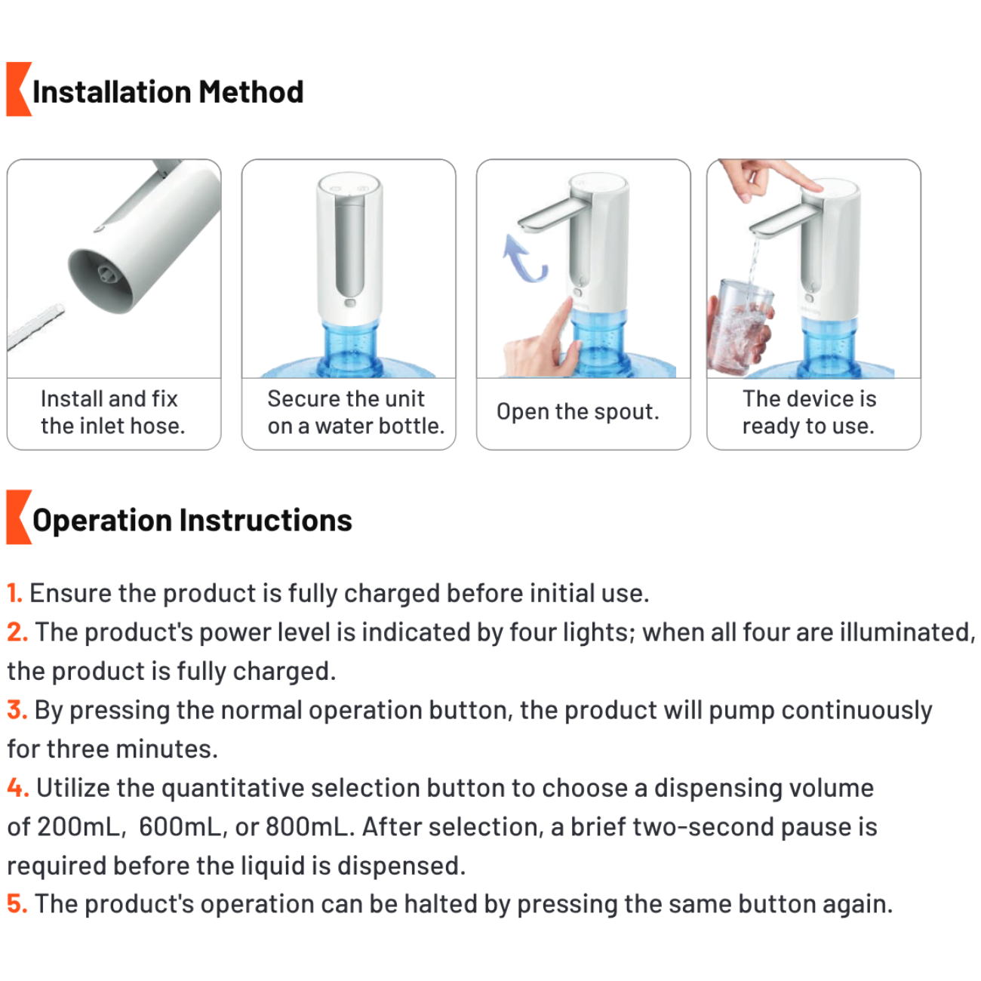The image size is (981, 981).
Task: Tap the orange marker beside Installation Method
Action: pos(19,89)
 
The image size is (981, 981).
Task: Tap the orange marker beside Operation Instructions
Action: pos(19,517)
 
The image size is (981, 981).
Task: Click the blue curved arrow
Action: pos(524,259)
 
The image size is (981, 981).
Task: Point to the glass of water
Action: pos(742,327)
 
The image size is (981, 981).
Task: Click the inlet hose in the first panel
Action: pos(35,326)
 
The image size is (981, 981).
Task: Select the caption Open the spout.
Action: pos(577,411)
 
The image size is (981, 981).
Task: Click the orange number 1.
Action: pos(14,593)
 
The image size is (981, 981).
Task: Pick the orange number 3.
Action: pos(17,709)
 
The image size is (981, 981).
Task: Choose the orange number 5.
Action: pos(17,904)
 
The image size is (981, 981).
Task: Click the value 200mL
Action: pos(81,826)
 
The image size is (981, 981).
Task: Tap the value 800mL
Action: pos(309,826)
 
